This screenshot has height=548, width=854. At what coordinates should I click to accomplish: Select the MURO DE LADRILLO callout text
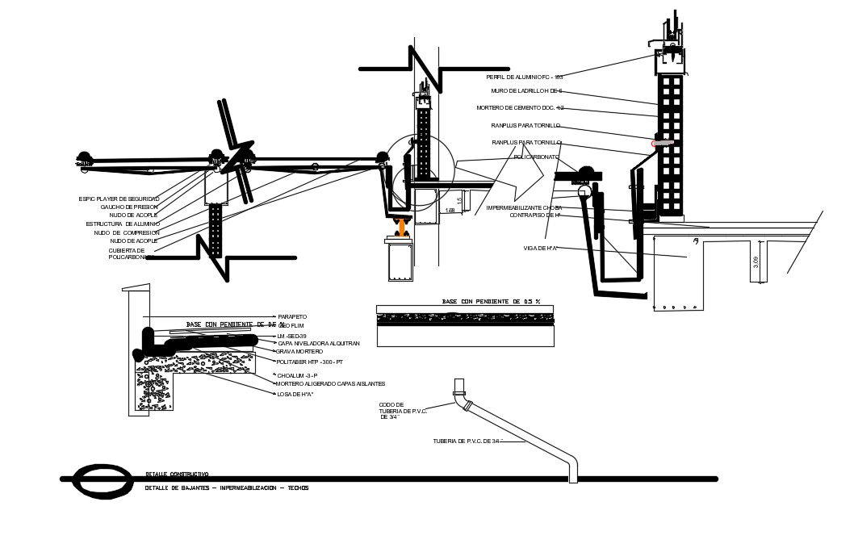(526, 91)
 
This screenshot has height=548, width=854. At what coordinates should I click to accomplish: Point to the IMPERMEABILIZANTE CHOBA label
(524, 207)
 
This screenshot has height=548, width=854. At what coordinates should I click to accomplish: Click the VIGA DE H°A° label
(541, 248)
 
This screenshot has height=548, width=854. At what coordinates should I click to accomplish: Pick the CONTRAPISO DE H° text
(534, 215)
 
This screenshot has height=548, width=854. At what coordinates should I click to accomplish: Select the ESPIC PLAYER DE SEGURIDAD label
(119, 199)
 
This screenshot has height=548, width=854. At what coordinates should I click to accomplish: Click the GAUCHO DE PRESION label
(129, 207)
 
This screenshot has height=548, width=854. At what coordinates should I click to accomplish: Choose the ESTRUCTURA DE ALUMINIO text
(123, 224)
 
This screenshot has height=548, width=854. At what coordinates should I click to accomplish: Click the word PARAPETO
(292, 316)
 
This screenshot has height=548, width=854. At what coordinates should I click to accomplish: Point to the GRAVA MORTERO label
(299, 352)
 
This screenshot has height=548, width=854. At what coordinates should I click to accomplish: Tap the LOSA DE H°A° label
(295, 394)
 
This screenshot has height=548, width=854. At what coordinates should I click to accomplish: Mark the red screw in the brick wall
(662, 144)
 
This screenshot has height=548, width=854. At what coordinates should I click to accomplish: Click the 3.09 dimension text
(756, 262)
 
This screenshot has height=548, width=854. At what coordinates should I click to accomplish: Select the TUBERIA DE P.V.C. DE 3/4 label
(467, 441)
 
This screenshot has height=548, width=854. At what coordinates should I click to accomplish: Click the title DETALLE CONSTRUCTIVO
(177, 474)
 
